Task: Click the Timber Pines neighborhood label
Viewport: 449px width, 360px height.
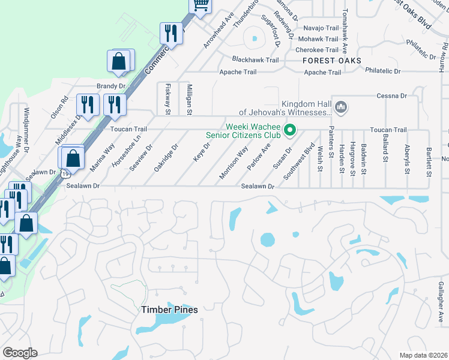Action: coord(169,310)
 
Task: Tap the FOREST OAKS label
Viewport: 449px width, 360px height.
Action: coord(332,61)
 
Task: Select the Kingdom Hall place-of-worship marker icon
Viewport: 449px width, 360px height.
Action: coord(342,107)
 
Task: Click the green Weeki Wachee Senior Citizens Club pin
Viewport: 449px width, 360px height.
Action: coord(291,130)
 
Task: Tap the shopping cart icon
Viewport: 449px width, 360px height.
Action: coord(200,5)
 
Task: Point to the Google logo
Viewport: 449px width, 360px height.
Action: coord(19,353)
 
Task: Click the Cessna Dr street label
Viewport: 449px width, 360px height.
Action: coord(392,96)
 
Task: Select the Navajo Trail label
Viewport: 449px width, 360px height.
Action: coord(321,28)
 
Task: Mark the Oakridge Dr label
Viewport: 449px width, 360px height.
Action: coord(166,157)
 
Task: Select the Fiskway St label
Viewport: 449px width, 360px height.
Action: coord(168,100)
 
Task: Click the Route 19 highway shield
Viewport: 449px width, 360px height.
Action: coord(63,174)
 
